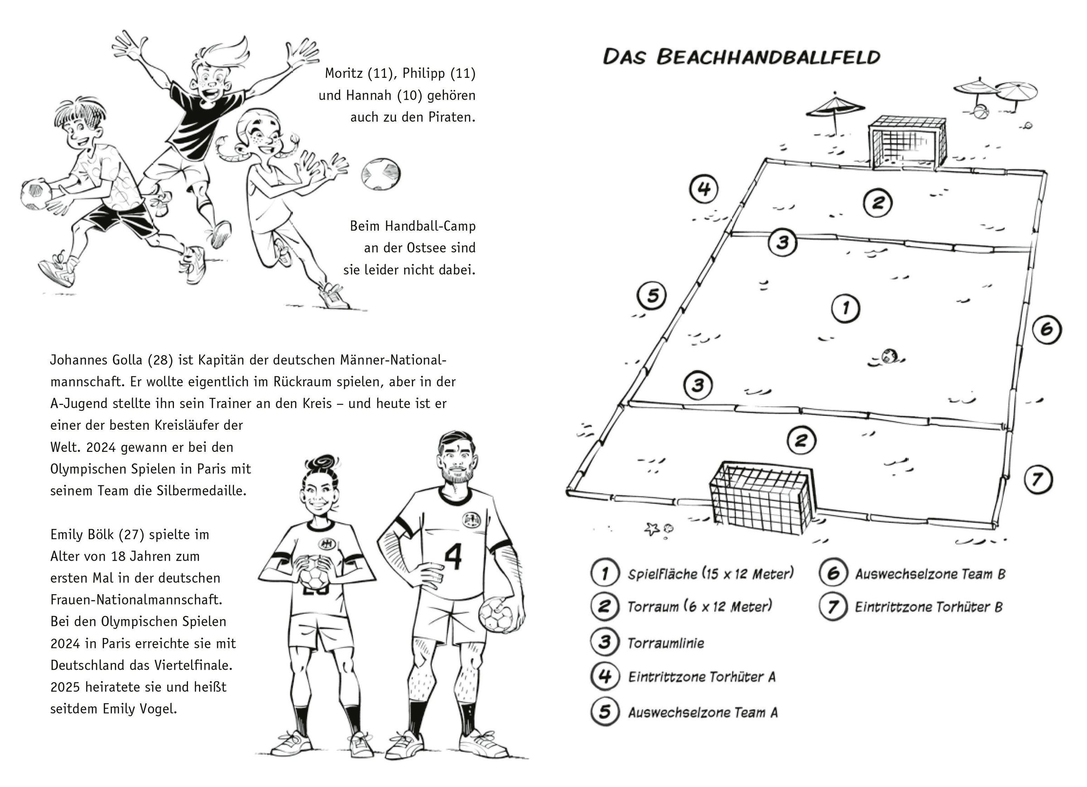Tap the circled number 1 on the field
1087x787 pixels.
[x=845, y=308]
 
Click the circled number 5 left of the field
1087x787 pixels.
[x=652, y=295]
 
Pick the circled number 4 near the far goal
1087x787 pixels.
[x=703, y=188]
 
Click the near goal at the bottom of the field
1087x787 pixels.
[x=760, y=499]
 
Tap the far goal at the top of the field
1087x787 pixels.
[x=908, y=143]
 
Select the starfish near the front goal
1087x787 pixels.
[x=651, y=529]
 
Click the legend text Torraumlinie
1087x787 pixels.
[x=666, y=643]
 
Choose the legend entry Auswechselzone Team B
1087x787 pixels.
[x=930, y=574]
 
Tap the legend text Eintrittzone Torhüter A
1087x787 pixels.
[x=702, y=677]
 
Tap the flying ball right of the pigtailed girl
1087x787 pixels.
[x=381, y=174]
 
